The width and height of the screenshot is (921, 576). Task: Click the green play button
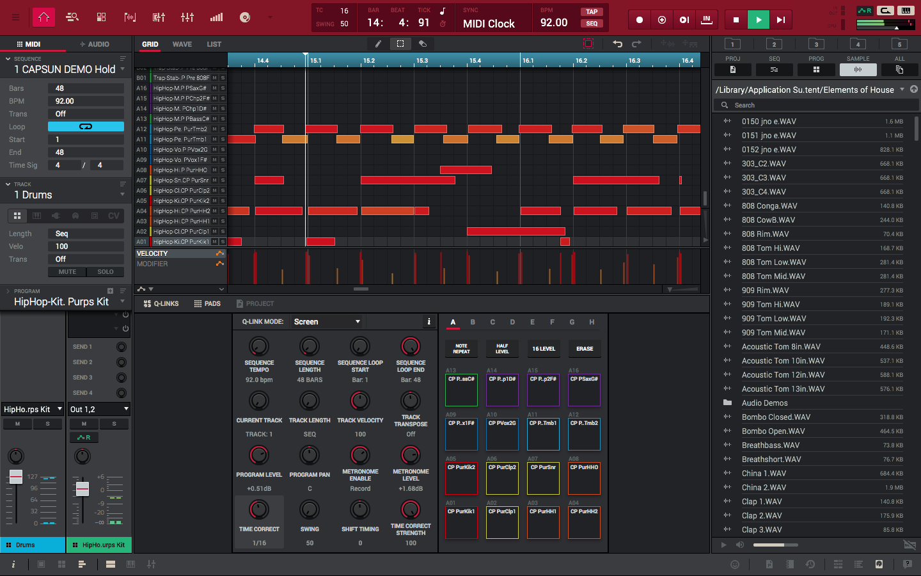(758, 20)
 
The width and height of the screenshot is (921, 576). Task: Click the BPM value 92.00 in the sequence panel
(86, 101)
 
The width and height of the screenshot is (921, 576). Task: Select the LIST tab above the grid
(214, 44)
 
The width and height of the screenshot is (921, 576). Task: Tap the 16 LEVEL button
(544, 349)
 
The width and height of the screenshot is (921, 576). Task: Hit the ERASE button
(585, 349)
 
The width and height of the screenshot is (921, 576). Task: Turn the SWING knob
(310, 510)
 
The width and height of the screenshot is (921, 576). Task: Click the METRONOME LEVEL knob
(411, 455)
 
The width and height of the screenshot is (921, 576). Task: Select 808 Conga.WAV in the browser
(769, 206)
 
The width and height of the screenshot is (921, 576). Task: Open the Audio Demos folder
(764, 403)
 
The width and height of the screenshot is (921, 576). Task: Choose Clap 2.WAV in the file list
(761, 516)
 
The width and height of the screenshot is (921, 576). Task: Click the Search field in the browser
(819, 105)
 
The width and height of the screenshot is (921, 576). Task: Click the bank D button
(512, 322)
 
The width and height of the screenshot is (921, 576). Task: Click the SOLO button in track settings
(106, 272)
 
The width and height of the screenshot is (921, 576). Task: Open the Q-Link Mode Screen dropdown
(327, 322)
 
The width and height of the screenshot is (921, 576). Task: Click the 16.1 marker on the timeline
(528, 61)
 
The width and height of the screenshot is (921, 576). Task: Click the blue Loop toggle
(86, 127)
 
